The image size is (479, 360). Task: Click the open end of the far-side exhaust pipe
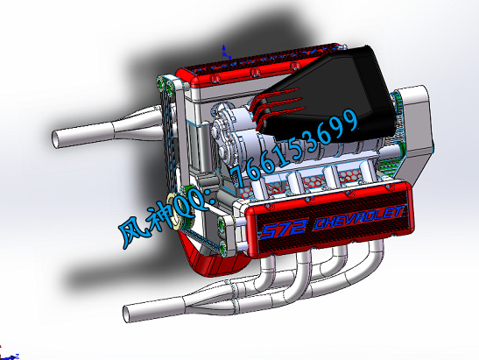(x=55, y=139)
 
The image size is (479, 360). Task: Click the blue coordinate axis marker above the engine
(x=225, y=52)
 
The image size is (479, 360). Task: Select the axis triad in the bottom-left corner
(x=9, y=356)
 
